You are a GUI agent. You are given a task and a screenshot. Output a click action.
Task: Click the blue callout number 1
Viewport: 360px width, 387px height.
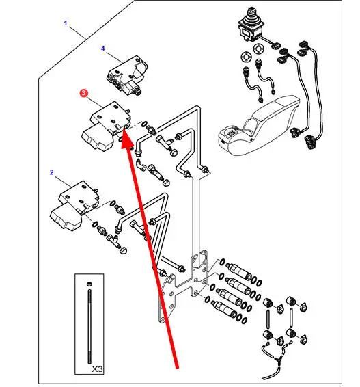66,23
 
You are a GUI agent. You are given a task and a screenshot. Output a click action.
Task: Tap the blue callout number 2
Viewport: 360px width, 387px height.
51,172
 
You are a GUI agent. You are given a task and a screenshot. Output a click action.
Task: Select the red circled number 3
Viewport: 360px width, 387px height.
83,93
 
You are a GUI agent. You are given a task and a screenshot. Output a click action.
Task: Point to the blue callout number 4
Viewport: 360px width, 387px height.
103,49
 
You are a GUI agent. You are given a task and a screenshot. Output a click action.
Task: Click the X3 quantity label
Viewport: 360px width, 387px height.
97,369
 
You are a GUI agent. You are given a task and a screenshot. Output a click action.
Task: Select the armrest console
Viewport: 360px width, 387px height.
259,125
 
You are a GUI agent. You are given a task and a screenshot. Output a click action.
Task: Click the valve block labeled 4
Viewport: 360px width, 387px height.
127,75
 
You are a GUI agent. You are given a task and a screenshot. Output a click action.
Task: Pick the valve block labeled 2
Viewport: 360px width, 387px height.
74,204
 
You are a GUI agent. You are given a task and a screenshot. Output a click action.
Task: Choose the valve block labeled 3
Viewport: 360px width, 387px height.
106,125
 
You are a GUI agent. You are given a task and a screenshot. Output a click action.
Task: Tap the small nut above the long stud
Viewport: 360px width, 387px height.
89,284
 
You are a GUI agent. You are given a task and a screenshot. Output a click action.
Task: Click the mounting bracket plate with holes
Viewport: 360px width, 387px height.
183,286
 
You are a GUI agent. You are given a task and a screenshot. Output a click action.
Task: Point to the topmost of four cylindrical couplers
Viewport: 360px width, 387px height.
238,271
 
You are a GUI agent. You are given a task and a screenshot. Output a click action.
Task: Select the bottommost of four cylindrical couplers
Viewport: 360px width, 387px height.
224,309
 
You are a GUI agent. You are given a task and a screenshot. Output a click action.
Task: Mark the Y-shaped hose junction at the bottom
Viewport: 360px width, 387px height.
277,357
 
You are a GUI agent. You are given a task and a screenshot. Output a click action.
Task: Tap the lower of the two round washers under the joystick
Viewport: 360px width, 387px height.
246,57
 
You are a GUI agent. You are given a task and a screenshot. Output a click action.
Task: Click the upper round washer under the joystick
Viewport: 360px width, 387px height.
258,49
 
